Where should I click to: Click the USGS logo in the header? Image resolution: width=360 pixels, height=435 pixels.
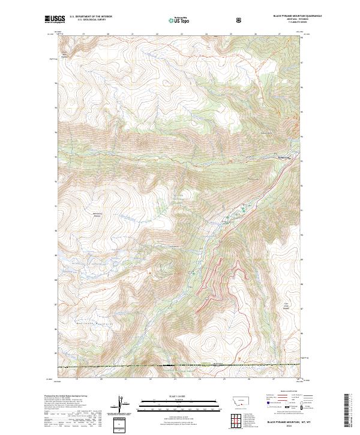54,20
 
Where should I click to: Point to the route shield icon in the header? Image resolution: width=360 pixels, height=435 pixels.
240,20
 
